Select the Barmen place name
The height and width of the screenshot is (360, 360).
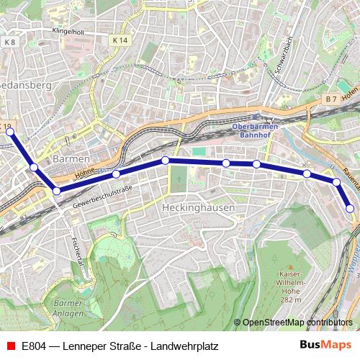pyautogui.click(x=71, y=158)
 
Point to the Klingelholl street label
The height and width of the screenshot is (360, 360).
pyautogui.click(x=68, y=32)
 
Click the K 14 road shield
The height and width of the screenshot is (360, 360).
pyautogui.click(x=120, y=41)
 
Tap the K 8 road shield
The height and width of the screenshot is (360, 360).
pyautogui.click(x=9, y=43)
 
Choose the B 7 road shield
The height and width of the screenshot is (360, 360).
pyautogui.click(x=330, y=98)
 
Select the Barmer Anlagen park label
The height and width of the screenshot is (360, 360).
pyautogui.click(x=68, y=307)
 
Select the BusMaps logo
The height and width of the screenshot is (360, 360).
pyautogui.click(x=325, y=345)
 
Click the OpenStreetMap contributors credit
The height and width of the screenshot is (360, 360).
pyautogui.click(x=298, y=323)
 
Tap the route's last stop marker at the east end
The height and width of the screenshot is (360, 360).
pyautogui.click(x=350, y=209)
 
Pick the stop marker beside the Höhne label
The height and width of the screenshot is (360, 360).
pyautogui.click(x=116, y=174)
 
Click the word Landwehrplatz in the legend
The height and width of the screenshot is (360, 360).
pyautogui.click(x=184, y=346)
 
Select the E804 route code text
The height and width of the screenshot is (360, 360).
pyautogui.click(x=35, y=346)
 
